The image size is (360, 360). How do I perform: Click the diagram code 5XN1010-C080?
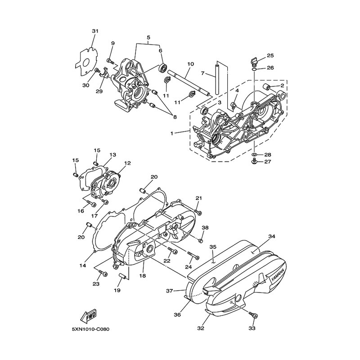[x=91, y=329]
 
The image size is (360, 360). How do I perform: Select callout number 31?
[x=95, y=31]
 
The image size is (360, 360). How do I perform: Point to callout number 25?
[x=270, y=55]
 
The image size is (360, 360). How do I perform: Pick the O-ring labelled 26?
[x=254, y=69]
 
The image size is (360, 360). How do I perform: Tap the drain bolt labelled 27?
[x=254, y=161]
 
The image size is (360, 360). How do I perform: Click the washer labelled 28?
[x=254, y=154]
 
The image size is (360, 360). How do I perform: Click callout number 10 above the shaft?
[x=190, y=64]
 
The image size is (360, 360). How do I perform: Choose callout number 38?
[x=205, y=228]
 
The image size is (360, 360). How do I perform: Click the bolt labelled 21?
[x=198, y=212]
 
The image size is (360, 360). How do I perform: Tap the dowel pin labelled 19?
[x=123, y=276]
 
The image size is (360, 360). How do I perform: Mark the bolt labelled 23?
[x=103, y=273]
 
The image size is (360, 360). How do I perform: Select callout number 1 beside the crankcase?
[x=172, y=133]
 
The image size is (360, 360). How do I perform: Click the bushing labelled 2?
[x=266, y=87]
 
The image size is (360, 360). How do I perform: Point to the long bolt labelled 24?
[x=193, y=255]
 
